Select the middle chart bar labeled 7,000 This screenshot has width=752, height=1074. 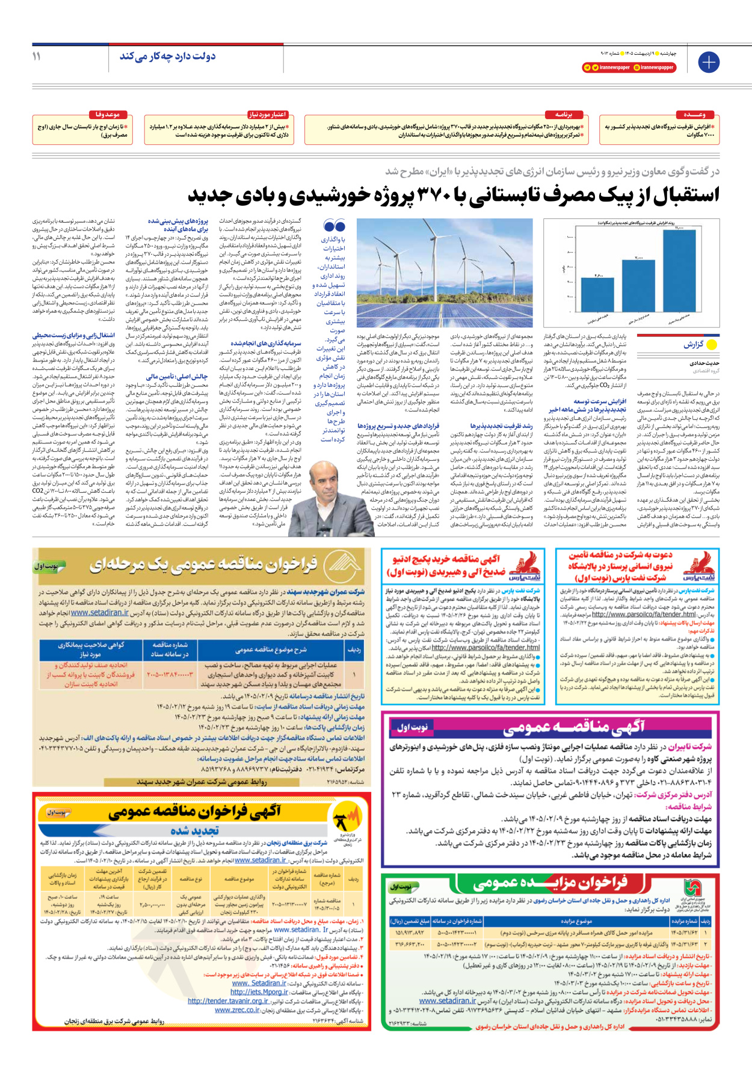tap(638, 285)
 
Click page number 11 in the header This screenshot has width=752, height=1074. tap(37, 56)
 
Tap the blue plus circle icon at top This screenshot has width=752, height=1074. tap(709, 62)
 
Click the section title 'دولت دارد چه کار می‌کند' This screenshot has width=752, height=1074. tap(167, 56)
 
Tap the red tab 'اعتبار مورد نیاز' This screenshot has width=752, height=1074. tap(268, 114)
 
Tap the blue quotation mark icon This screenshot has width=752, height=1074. tap(334, 226)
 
